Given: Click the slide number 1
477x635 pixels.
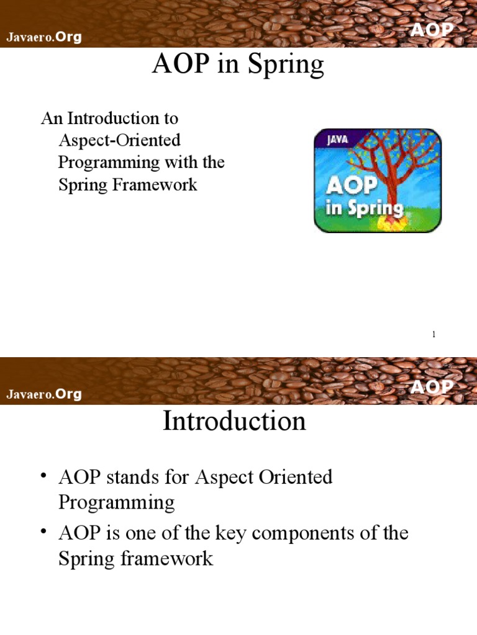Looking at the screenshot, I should pyautogui.click(x=434, y=335).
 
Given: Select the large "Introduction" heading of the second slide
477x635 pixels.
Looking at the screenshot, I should pyautogui.click(x=234, y=422).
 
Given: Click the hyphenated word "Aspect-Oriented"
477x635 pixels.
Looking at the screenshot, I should pyautogui.click(x=119, y=140).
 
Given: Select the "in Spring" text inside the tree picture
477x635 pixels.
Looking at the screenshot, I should pyautogui.click(x=365, y=208).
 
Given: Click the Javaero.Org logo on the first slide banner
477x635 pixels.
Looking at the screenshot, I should pyautogui.click(x=44, y=37).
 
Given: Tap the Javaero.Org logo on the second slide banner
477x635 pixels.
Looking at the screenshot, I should pyautogui.click(x=44, y=394).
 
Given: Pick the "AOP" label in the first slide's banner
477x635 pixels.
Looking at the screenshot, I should pyautogui.click(x=432, y=30).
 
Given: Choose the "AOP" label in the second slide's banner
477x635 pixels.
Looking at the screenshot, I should pyautogui.click(x=432, y=388).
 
